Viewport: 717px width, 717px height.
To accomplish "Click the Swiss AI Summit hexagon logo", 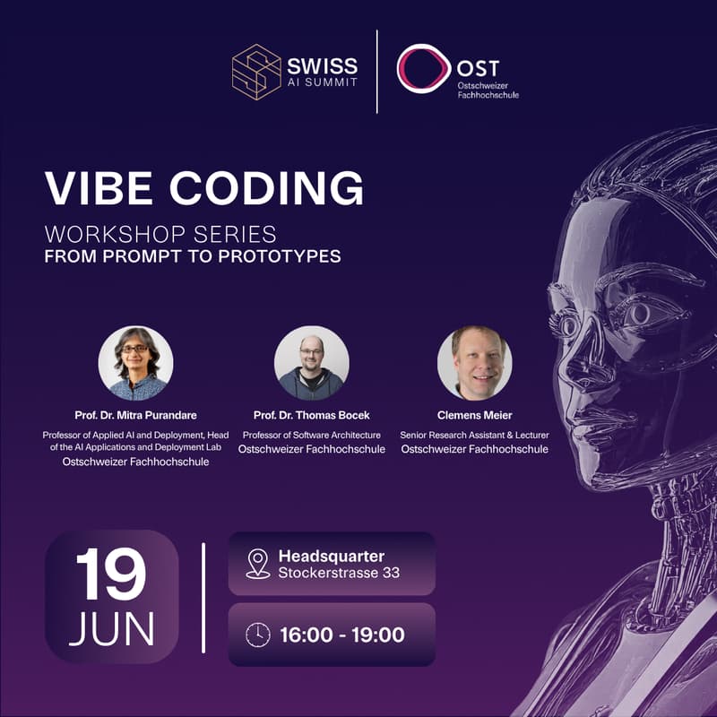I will pos(255,72).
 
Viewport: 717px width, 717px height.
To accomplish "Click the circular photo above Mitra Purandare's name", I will pos(135,363).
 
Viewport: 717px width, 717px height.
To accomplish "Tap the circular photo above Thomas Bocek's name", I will pos(312,363).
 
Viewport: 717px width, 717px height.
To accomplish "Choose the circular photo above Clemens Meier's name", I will pos(474,363).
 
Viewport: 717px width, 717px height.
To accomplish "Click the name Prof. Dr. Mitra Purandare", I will pos(135,416).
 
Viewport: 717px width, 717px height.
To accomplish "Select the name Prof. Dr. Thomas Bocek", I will pos(312,416).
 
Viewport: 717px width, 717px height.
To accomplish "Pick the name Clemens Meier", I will pos(474,416).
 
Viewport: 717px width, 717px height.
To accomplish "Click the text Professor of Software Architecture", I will pos(312,436).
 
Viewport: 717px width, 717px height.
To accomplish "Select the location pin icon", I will pos(258,564).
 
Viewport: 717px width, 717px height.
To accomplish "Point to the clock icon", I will pos(258,635).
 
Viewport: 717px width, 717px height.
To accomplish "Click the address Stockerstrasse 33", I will pos(339,573).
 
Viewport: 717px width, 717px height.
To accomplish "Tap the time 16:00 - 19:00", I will pos(341,635).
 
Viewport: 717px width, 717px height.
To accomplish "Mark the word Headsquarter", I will pos(332,557).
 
